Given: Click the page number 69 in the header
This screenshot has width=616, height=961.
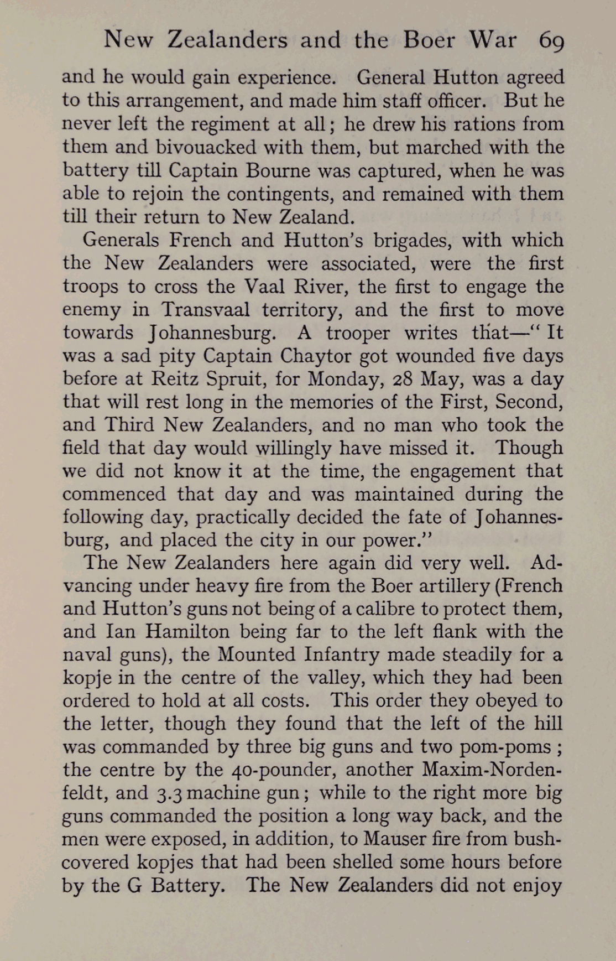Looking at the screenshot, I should (x=551, y=40).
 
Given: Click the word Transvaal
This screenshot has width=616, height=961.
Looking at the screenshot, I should (x=205, y=310).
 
